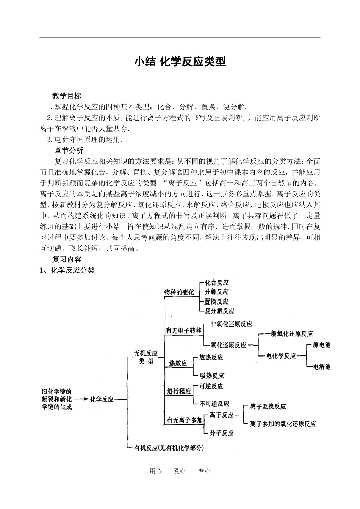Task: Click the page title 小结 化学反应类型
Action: (x=180, y=61)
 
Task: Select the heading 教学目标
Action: (x=67, y=96)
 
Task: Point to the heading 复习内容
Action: (x=67, y=259)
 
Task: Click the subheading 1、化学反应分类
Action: (x=67, y=270)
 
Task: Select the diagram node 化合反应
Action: (x=217, y=283)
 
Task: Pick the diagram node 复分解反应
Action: (x=219, y=311)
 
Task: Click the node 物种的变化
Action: (x=179, y=292)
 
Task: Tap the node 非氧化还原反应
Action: (x=231, y=324)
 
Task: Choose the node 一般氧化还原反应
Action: (x=289, y=334)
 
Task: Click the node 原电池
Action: (x=321, y=345)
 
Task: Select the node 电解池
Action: (x=321, y=367)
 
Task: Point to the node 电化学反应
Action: (x=281, y=356)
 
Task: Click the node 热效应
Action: (x=178, y=363)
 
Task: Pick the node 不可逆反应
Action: (x=214, y=404)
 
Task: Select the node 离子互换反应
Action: (x=268, y=406)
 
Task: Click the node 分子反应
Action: (x=221, y=433)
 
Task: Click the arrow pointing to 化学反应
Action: (x=80, y=399)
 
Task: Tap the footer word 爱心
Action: (x=179, y=471)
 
